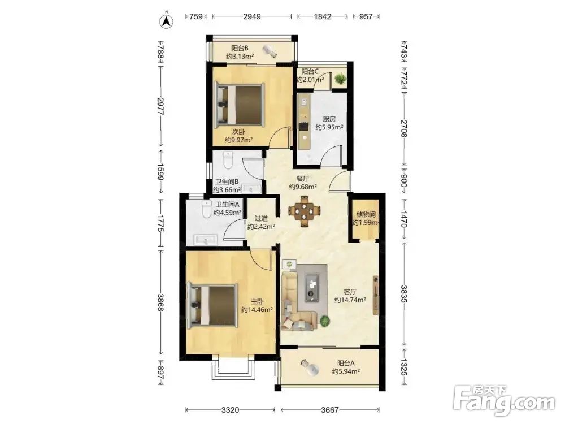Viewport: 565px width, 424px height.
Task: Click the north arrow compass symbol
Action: coord(167,21)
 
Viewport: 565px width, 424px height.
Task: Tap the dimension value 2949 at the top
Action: coord(252,16)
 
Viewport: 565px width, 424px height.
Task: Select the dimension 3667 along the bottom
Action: coord(330,410)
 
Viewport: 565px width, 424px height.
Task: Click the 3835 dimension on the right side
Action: coord(404,294)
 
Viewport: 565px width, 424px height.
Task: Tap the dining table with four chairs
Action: coord(305,210)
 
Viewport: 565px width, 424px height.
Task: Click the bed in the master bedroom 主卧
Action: coord(212,305)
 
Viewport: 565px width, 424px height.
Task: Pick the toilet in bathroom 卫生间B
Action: coord(228,161)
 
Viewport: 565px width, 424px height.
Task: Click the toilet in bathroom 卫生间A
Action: coord(206,209)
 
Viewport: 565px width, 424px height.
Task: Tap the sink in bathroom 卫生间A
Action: coord(205,239)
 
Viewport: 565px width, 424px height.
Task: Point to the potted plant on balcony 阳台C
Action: coord(340,78)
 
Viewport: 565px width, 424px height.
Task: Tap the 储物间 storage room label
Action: coord(366,214)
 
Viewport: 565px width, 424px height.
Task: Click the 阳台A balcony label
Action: coord(346,364)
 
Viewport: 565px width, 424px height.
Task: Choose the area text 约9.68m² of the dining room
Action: coord(303,187)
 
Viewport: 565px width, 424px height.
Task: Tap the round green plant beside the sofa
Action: coord(325,321)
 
